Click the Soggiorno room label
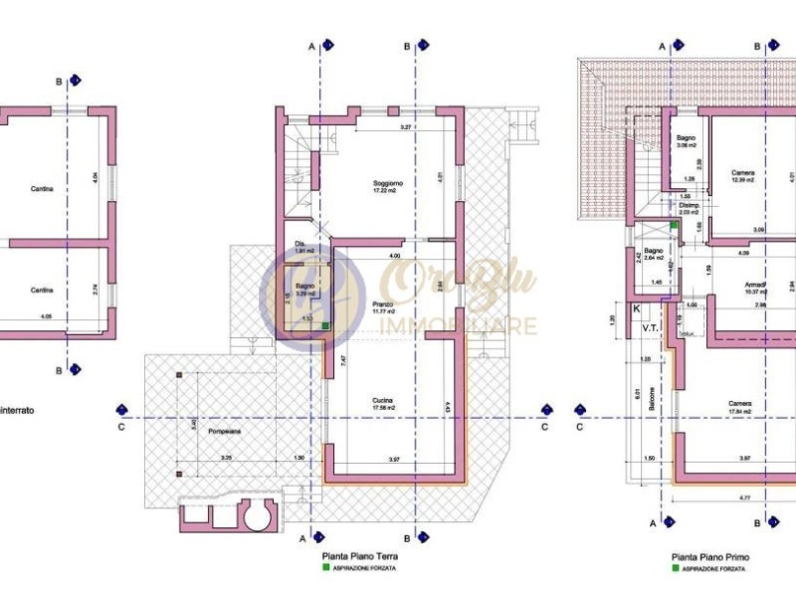pos(388,184)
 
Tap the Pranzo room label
pos(383,304)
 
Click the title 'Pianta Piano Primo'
pos(710,558)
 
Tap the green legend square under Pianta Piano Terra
pos(324,569)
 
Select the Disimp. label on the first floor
pos(689,206)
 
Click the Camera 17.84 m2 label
pos(738,404)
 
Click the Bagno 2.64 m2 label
pos(654,252)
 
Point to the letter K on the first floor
pos(637,309)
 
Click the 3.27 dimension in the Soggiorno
pos(406,128)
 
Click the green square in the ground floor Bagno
pos(325,338)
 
